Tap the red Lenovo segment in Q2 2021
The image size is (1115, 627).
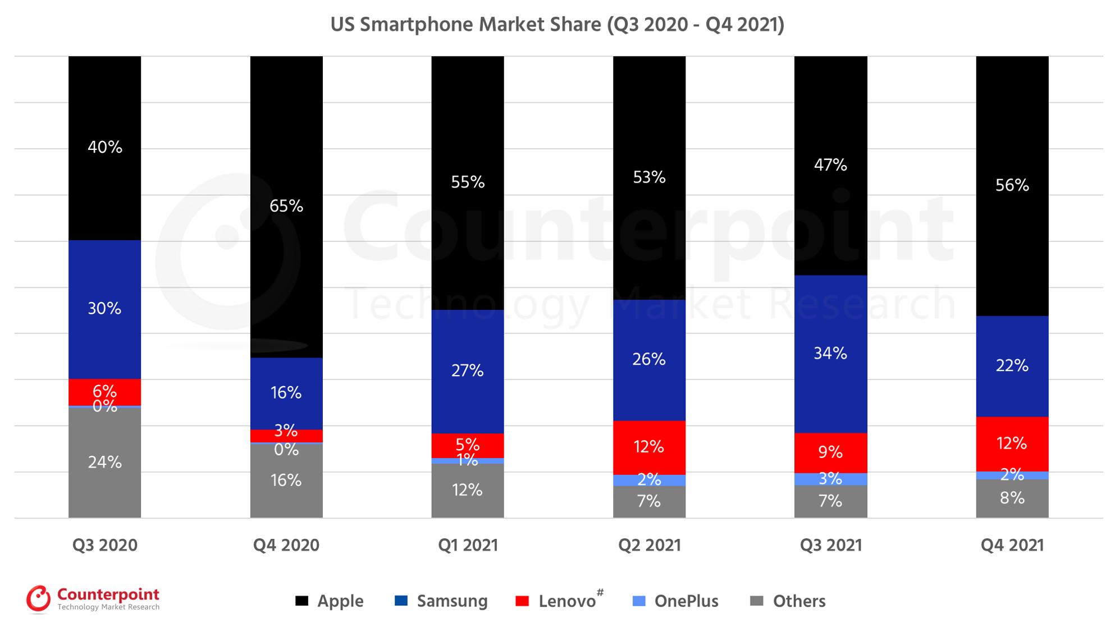[649, 447]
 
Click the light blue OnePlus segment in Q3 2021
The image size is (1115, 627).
[830, 479]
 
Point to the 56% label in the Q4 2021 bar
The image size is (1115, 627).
[1012, 185]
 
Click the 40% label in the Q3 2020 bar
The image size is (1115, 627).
[104, 147]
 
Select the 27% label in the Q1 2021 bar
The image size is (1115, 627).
[467, 370]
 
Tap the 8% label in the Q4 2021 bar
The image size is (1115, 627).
[1012, 498]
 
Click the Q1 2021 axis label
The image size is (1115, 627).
[468, 545]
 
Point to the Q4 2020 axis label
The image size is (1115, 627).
[286, 545]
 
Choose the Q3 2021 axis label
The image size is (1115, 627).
[830, 545]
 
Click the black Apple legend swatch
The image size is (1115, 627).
[302, 601]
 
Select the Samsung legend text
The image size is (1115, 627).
[452, 601]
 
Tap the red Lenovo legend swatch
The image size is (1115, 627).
[522, 601]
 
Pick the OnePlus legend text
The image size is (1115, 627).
[686, 601]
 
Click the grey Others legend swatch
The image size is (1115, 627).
[757, 601]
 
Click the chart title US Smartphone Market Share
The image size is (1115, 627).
[557, 25]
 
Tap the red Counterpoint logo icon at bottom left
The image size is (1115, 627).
[38, 599]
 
